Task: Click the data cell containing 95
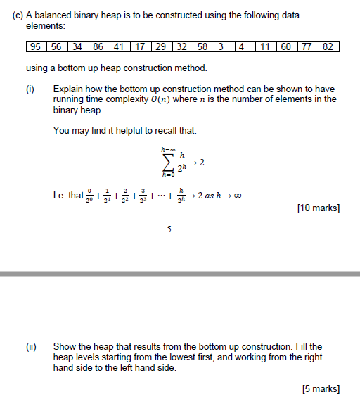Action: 34,47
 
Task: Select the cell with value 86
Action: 98,47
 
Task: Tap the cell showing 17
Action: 139,47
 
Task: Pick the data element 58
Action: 202,47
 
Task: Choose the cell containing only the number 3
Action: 221,47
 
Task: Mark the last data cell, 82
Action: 328,47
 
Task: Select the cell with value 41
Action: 119,47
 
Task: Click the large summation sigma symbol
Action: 167,163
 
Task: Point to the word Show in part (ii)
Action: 65,346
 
